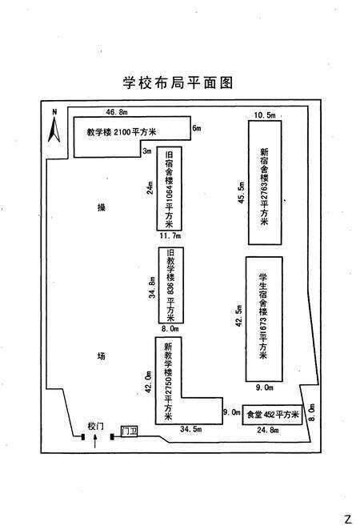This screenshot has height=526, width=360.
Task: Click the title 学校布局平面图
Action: [x=178, y=82]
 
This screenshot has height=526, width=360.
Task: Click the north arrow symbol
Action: [x=54, y=126]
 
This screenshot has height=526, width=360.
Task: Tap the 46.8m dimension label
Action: [x=118, y=114]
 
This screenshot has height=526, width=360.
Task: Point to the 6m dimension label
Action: [x=196, y=128]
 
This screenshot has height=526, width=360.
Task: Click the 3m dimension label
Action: [x=147, y=151]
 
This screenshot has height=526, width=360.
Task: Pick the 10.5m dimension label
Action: [x=264, y=116]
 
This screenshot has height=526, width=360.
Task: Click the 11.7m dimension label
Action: [x=170, y=237]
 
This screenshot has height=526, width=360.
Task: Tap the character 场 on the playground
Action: [x=101, y=355]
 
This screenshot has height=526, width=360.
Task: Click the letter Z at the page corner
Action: [x=347, y=518]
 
